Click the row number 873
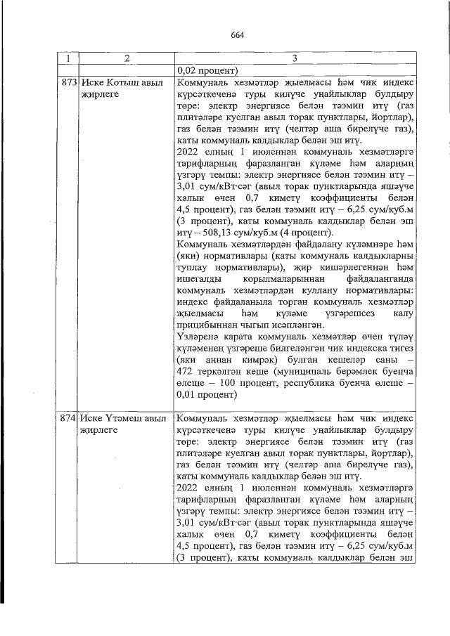point(68,82)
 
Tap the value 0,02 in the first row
point(191,70)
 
